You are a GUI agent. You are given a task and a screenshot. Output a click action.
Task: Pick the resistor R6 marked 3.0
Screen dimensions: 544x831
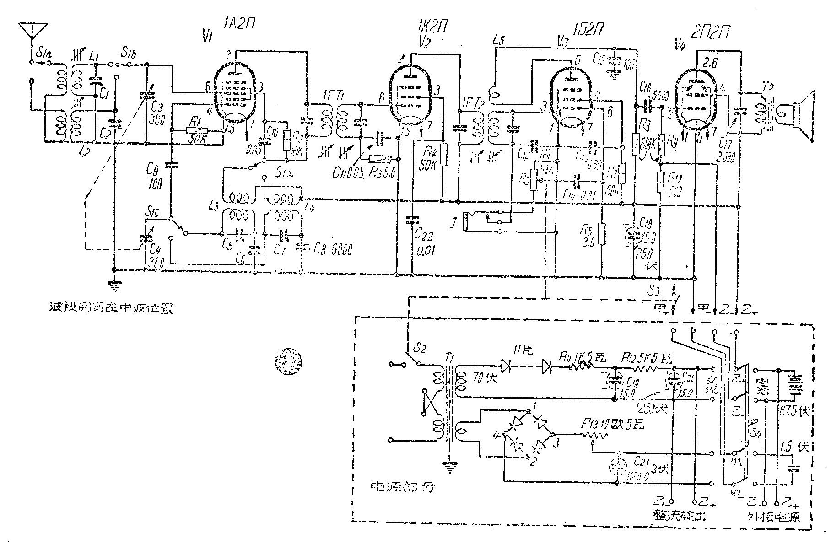click(603, 234)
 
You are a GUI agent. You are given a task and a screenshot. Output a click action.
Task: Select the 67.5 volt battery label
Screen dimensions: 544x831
click(795, 411)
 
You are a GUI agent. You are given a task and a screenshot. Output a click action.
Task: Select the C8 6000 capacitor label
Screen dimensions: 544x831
click(333, 248)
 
